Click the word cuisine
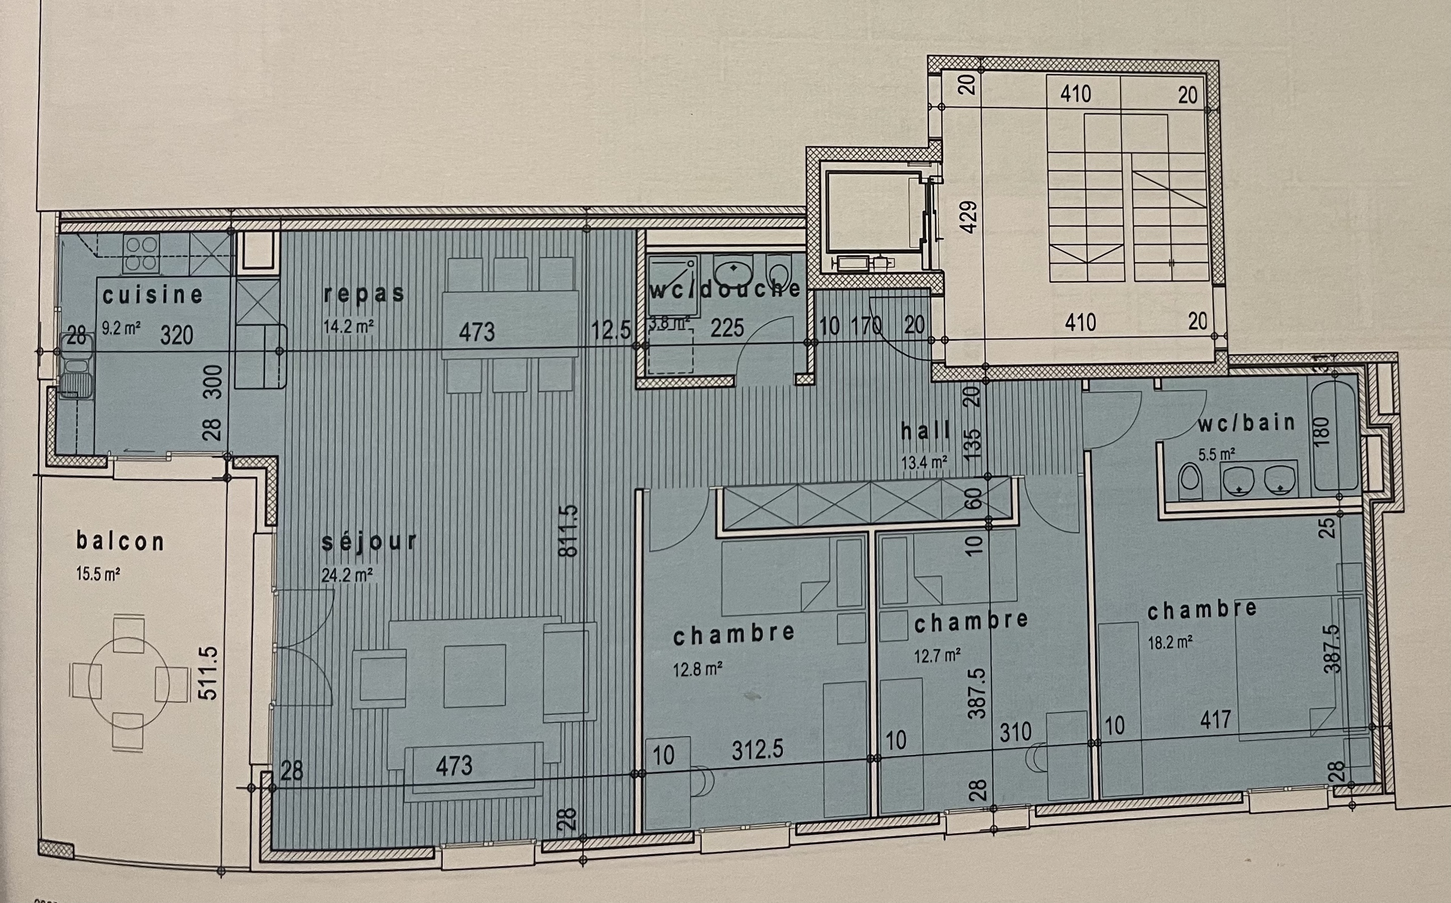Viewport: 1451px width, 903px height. (152, 295)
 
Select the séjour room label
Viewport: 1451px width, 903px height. (368, 541)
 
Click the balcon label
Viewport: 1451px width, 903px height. (120, 541)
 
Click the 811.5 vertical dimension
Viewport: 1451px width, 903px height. (568, 531)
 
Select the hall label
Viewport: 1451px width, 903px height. (926, 431)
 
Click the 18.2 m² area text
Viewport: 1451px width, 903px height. (1170, 642)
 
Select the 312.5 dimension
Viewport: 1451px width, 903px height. (757, 749)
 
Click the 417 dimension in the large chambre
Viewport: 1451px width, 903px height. (1215, 719)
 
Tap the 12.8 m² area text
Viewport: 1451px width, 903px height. (697, 670)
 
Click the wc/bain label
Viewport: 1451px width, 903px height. (1246, 423)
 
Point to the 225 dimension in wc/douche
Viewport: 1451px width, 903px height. (727, 327)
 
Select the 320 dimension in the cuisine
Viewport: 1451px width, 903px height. (176, 335)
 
